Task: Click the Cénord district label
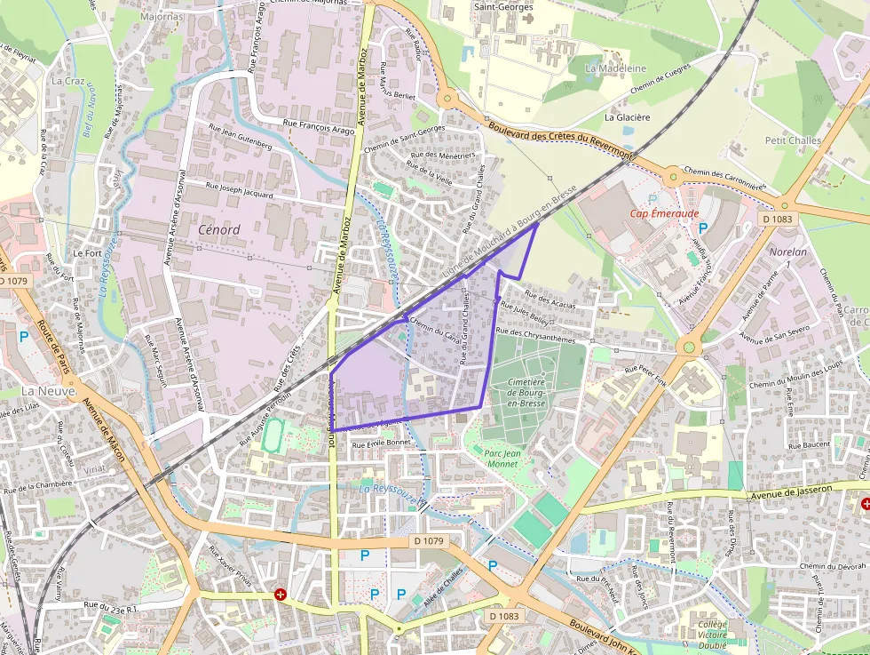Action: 218,230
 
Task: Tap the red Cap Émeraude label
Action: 664,213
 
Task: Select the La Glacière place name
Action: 627,116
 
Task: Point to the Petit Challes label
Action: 793,140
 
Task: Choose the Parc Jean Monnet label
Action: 502,458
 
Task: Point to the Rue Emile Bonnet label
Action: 382,442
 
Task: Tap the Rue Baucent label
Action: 809,444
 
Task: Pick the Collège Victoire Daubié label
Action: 712,635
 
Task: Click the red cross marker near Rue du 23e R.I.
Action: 281,594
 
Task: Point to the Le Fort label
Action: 88,252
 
